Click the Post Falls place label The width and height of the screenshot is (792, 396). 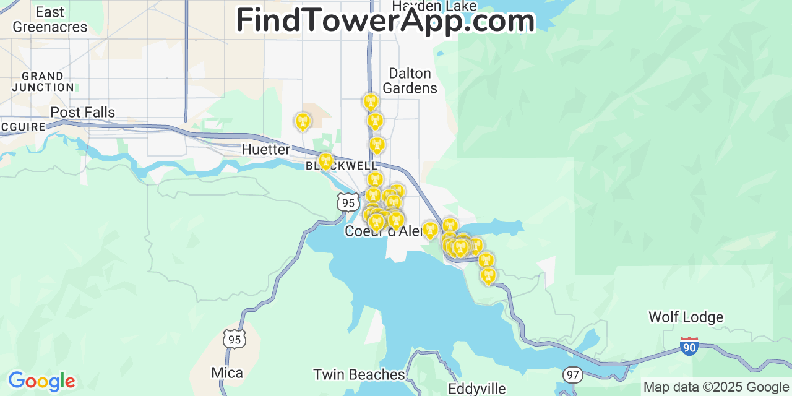(x=82, y=112)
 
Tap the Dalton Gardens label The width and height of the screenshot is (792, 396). (x=410, y=80)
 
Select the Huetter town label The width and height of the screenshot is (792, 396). (x=265, y=149)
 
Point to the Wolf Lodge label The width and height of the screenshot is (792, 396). (x=686, y=317)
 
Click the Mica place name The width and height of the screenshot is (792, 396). (x=227, y=372)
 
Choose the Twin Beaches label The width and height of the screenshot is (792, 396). (x=359, y=374)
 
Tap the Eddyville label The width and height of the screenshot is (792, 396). (x=477, y=389)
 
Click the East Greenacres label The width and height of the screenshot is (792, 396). (x=50, y=20)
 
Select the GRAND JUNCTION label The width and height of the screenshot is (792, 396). (x=43, y=82)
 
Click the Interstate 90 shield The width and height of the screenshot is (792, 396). (x=689, y=346)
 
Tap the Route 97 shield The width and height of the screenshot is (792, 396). (x=573, y=374)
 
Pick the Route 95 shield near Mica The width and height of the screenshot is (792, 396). (x=235, y=338)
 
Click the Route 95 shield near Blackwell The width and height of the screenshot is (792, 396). (x=348, y=202)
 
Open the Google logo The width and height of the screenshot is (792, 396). (x=41, y=381)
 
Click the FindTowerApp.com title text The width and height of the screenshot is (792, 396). (x=385, y=20)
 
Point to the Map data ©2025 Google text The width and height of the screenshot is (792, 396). (x=717, y=387)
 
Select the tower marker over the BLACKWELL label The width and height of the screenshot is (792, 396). (x=325, y=161)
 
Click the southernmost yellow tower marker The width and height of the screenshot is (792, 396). (x=488, y=275)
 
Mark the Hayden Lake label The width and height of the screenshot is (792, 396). (x=434, y=6)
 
